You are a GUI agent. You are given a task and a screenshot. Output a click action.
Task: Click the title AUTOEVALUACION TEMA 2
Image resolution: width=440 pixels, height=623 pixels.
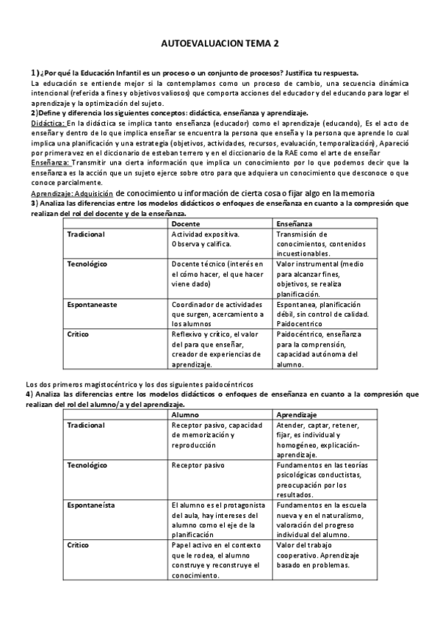[220, 45]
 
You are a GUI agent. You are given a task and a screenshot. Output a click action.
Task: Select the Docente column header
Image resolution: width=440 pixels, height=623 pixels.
[186, 223]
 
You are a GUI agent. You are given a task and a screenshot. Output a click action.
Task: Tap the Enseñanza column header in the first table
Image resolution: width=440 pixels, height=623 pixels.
[295, 223]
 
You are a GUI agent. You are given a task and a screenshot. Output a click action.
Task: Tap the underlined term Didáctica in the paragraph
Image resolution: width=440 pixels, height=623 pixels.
[48, 123]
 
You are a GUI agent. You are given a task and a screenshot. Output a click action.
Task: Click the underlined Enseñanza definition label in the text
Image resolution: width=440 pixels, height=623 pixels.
[49, 162]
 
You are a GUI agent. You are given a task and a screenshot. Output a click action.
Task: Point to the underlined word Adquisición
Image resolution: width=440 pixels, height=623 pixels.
[94, 192]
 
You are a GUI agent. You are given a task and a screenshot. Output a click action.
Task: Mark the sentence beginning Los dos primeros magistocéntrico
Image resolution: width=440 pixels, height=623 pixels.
[139, 383]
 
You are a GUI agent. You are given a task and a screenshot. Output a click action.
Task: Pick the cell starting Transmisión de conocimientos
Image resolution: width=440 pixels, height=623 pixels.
[316, 243]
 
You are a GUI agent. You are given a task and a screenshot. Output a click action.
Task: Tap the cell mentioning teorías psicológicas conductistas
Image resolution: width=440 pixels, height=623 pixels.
[320, 480]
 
